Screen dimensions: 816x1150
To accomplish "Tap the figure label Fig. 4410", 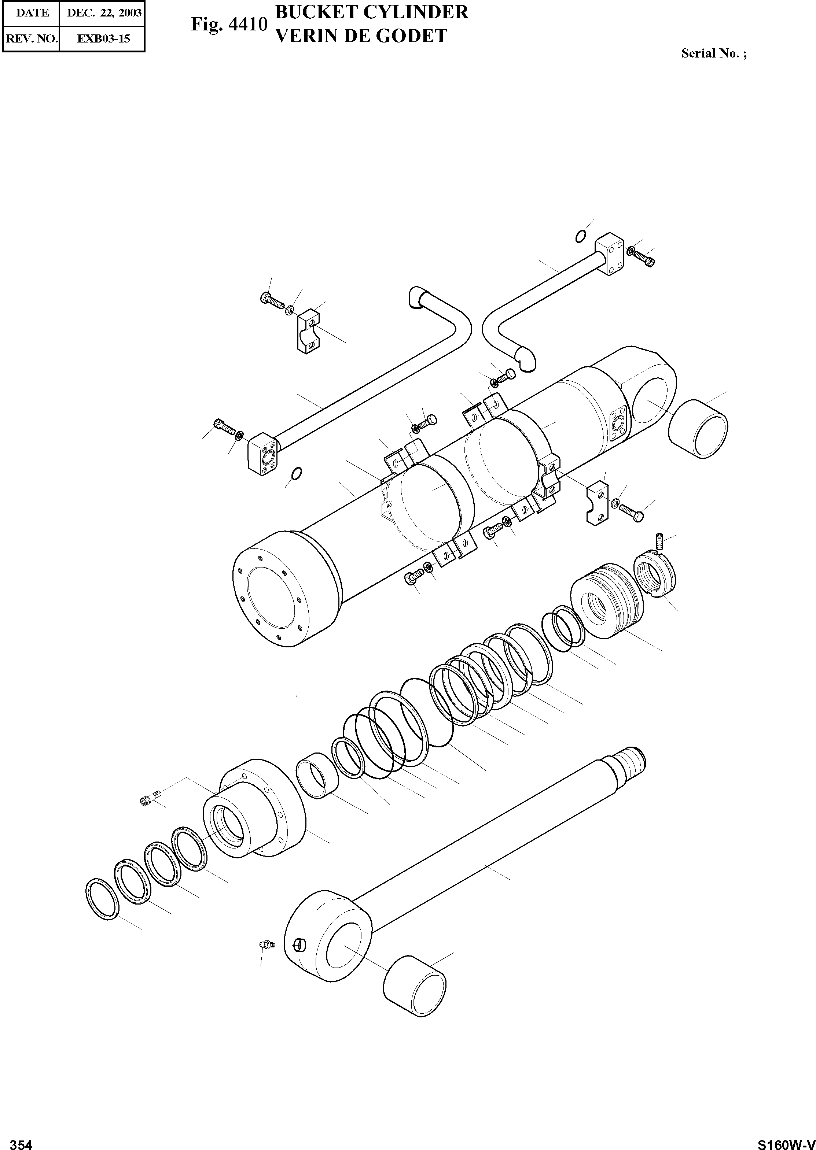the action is click(229, 24).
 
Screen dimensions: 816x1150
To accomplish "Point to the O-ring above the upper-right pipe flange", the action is click(580, 236).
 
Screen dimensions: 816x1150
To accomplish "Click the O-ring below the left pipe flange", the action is click(297, 473).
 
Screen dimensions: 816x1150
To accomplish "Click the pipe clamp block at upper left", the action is click(307, 332).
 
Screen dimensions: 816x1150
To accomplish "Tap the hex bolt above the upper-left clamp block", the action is click(271, 301).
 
